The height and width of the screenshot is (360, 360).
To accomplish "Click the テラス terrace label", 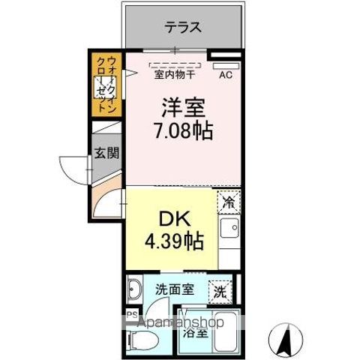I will (x=183, y=28).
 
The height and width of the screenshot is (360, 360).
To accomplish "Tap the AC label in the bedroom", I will (x=225, y=74).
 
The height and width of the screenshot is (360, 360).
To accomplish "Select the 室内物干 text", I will (x=175, y=74).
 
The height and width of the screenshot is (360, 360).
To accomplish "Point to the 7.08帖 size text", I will (x=182, y=132).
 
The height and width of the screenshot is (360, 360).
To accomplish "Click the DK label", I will (x=170, y=220).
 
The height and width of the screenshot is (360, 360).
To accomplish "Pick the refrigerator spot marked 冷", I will (x=229, y=201).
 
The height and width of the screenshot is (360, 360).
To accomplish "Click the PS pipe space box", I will (x=132, y=315).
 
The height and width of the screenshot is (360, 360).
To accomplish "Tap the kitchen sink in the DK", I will (x=230, y=228).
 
